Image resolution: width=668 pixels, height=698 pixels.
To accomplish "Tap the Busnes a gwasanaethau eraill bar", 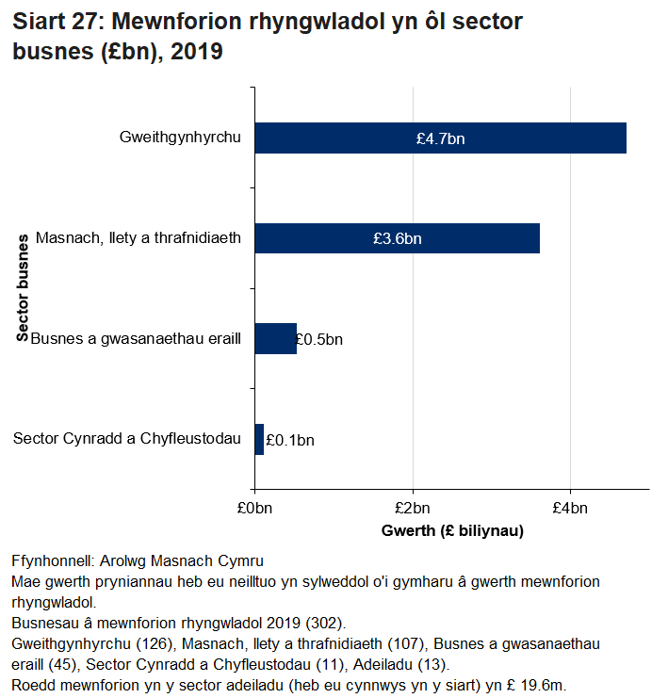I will click(x=275, y=338).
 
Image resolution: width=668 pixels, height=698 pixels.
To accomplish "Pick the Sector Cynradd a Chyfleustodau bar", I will click(x=259, y=439).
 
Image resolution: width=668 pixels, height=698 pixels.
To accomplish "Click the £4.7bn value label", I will click(x=440, y=138).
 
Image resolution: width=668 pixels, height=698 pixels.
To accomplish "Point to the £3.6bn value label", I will click(x=397, y=238).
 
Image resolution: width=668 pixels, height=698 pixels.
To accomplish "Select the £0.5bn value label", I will click(x=319, y=339).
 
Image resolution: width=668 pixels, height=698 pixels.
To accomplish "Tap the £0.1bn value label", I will click(x=290, y=440).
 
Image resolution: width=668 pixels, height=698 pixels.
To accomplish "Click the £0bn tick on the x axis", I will click(x=254, y=510).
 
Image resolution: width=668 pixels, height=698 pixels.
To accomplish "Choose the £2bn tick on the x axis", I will click(x=412, y=510).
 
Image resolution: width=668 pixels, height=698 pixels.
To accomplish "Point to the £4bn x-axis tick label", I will click(x=569, y=510).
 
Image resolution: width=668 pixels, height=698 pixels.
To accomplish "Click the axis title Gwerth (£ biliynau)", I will click(x=452, y=531).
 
